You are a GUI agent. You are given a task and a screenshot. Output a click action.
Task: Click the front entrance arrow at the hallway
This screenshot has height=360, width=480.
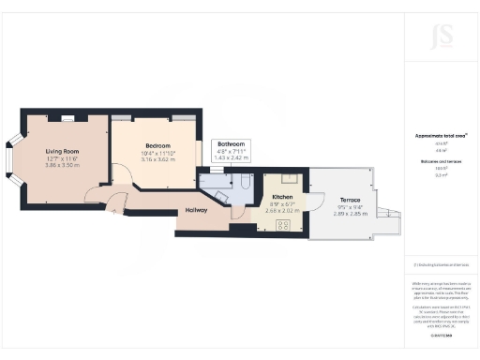click(x=115, y=212)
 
